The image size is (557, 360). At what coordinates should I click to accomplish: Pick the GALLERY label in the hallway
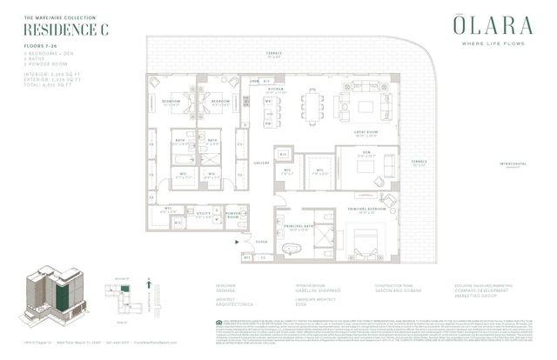coord(258,162)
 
